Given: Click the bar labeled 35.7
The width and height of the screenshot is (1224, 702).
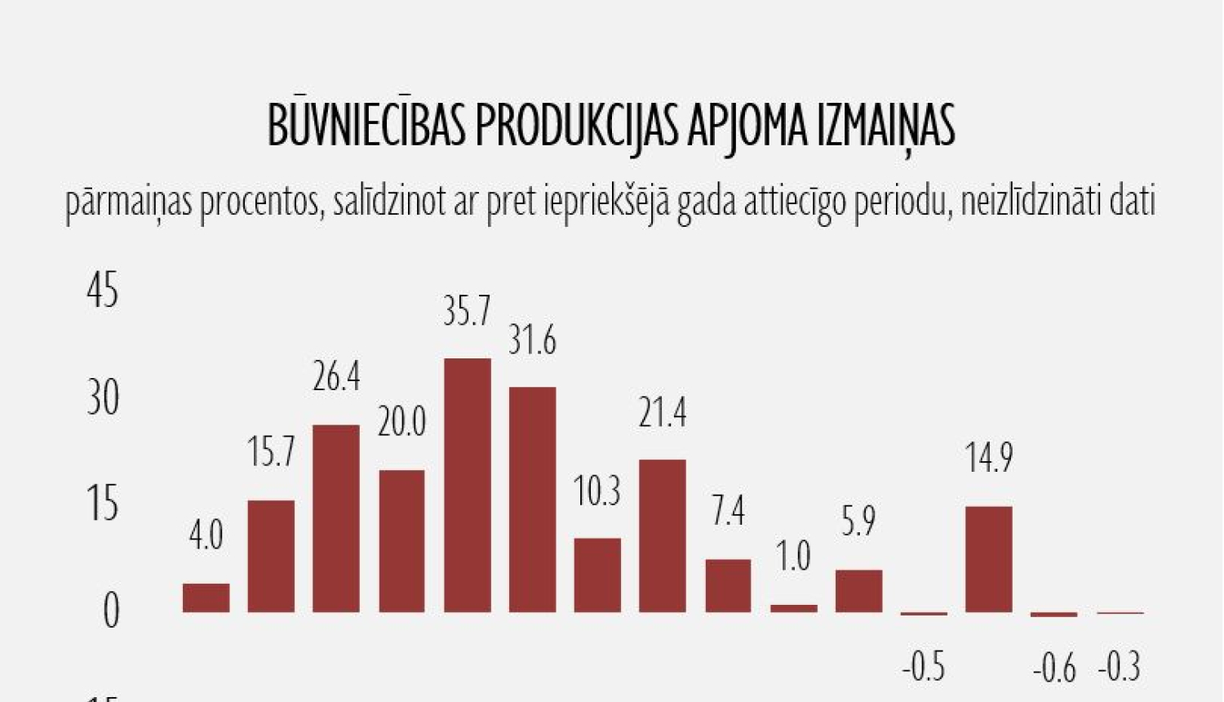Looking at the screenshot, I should pos(468,485).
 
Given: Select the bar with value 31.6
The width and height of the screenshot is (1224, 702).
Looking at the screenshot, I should pos(532,499).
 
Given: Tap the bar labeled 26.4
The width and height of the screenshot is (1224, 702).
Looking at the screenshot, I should pos(336,518).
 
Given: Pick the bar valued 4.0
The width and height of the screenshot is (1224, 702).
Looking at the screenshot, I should pos(206,598).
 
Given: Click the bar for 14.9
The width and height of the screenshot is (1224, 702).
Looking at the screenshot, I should pos(989,558).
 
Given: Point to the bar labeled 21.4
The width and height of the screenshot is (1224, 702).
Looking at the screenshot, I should pos(663,535).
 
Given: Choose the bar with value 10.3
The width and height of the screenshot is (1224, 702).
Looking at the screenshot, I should pos(597,575).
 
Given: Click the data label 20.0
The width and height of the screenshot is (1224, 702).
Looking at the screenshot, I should pos(401,422).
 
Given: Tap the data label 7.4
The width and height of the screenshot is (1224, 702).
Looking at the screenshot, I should pos(728,512).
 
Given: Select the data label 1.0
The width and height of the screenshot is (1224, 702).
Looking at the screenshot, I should pos(793,557).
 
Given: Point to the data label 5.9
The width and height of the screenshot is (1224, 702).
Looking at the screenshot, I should pos(858,522).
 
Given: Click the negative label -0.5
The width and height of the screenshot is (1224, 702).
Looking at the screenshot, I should pos(924,667).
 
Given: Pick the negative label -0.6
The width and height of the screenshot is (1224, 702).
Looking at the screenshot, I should pos(1054,669).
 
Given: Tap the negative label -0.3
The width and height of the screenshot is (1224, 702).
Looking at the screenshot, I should pos(1120,667).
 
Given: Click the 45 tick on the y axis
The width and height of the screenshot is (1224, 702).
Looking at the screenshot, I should pos(103,291).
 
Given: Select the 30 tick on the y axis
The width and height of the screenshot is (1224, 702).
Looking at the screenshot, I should pos(103,398).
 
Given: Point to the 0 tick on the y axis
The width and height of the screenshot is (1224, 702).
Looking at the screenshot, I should pos(111,611).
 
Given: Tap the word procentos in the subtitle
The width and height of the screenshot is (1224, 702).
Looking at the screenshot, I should pos(259,202).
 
